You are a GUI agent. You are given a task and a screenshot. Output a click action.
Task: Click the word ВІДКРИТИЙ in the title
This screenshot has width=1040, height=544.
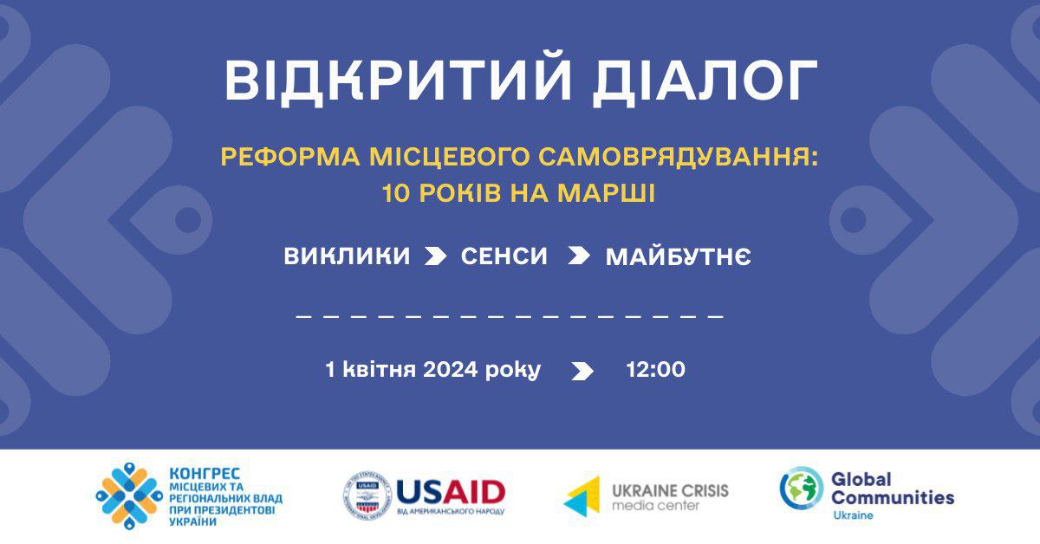(x=398, y=80)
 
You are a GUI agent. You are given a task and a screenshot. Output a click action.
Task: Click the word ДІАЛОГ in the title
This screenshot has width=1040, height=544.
(x=705, y=80)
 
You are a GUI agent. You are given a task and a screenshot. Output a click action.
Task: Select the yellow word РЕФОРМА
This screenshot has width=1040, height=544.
(x=290, y=157)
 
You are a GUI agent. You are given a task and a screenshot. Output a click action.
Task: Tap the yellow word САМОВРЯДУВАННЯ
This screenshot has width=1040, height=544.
(x=678, y=157)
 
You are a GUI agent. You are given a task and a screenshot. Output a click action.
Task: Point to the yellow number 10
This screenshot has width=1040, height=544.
(x=395, y=193)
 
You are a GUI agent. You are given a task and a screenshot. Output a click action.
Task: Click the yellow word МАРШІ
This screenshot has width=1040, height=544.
(x=606, y=193)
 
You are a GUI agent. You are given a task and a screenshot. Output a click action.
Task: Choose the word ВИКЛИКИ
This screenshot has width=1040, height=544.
(x=347, y=256)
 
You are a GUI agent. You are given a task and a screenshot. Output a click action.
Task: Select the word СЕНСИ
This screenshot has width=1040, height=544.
(x=504, y=256)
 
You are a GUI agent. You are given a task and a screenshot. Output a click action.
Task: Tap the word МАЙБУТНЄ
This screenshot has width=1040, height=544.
(x=679, y=256)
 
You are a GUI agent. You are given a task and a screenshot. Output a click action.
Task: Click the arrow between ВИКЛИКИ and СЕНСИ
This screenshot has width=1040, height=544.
(x=435, y=256)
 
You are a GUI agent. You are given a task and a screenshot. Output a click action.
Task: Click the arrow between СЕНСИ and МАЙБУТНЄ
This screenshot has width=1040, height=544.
(x=579, y=256)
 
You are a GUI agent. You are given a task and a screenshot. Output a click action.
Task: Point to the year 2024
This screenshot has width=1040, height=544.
(x=451, y=370)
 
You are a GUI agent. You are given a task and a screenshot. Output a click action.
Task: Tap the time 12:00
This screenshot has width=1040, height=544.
(x=655, y=370)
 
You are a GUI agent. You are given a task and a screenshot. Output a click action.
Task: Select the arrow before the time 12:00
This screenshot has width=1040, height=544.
(x=582, y=372)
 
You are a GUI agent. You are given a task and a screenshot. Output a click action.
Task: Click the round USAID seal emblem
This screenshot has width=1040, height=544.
(x=367, y=495)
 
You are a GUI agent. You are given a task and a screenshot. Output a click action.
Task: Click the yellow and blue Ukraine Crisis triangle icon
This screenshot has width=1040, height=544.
(x=582, y=496)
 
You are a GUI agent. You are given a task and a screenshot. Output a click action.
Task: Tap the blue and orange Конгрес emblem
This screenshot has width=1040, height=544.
(x=129, y=496)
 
